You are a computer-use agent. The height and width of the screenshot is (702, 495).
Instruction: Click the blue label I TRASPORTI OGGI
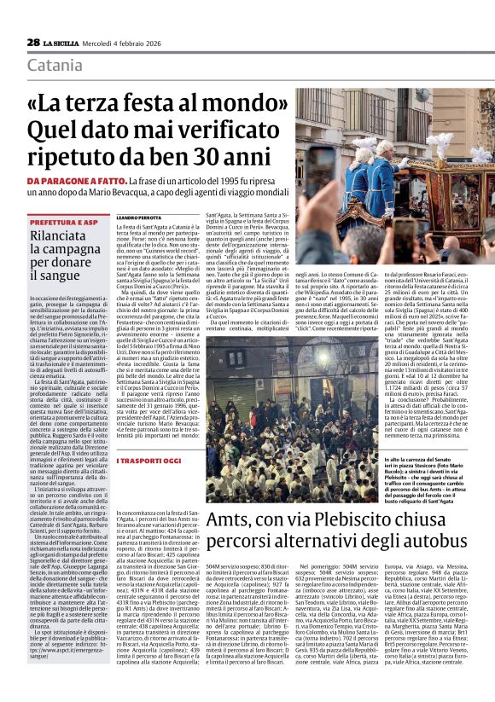click(x=149, y=460)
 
